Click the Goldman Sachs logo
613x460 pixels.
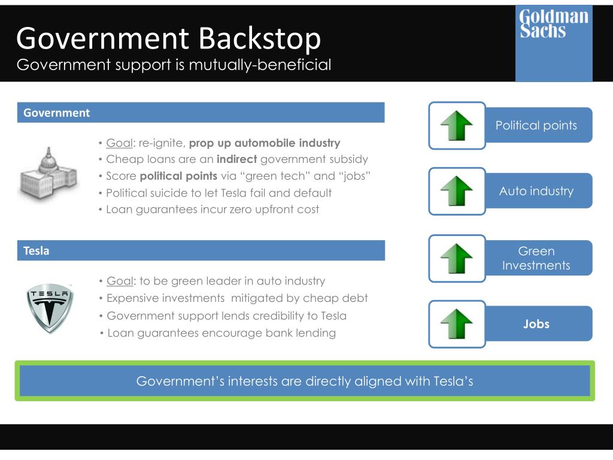point(554,43)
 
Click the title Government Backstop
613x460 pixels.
point(168,38)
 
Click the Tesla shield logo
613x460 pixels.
point(50,308)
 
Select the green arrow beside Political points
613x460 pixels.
point(457,125)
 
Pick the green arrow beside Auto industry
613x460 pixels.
point(457,191)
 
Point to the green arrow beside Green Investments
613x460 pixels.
point(457,258)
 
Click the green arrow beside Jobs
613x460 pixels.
point(457,324)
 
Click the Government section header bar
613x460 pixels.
point(201,113)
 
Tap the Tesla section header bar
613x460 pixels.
point(201,251)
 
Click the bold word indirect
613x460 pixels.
point(236,159)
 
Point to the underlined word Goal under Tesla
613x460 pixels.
point(120,281)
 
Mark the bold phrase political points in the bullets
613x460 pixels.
point(178,176)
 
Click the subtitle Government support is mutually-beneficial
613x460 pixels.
point(174,65)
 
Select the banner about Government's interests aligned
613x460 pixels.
point(305,381)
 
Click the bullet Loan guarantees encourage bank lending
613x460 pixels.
point(221,333)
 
